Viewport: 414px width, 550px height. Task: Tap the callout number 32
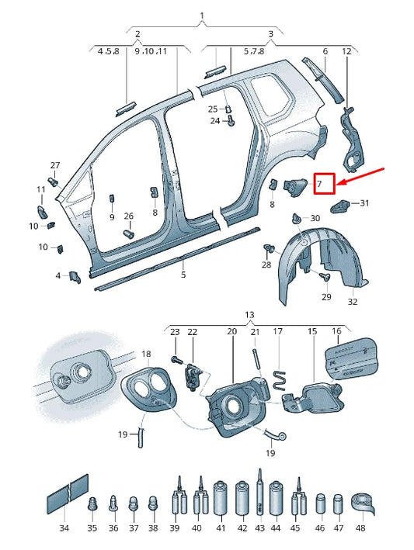click(x=352, y=302)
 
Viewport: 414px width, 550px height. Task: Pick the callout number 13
click(x=249, y=314)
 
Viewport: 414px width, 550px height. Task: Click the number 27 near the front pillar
click(x=54, y=166)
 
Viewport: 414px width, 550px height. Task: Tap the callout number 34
click(x=64, y=528)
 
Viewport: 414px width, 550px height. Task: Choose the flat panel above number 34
click(x=68, y=494)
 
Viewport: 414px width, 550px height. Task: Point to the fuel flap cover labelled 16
click(x=349, y=359)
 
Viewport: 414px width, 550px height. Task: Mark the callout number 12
click(x=346, y=51)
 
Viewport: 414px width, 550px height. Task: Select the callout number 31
click(x=364, y=203)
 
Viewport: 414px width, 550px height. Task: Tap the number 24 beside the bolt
click(x=214, y=121)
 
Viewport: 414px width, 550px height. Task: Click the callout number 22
click(x=192, y=332)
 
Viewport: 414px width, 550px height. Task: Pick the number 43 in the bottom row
click(x=259, y=528)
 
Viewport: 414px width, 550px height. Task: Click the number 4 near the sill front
click(x=57, y=275)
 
